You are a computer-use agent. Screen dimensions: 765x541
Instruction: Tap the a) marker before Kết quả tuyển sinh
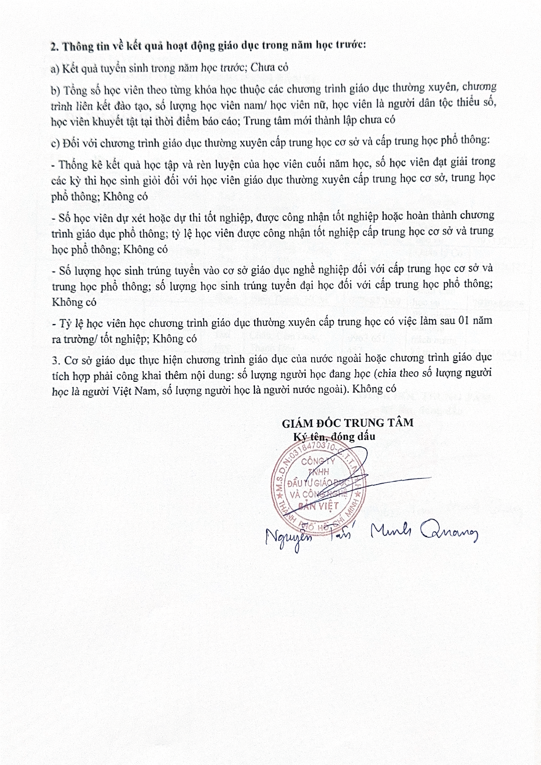click(x=55, y=68)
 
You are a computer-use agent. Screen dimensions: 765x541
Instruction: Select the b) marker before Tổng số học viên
click(x=55, y=90)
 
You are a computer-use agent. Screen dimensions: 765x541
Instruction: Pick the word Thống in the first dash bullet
click(x=73, y=165)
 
